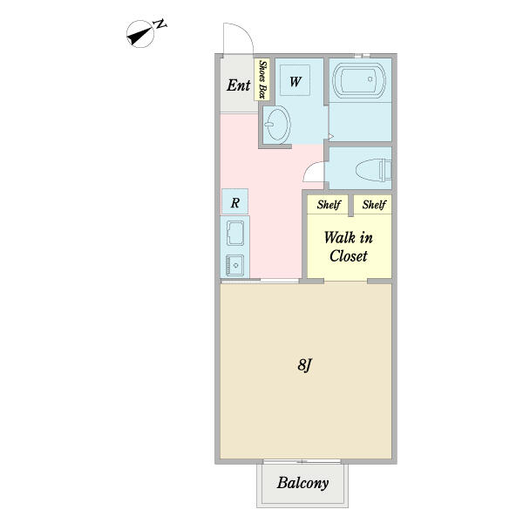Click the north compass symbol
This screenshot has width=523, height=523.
(140, 34)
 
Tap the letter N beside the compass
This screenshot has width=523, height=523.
(160, 24)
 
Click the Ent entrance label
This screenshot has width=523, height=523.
(239, 85)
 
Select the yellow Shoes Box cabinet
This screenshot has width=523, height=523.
(262, 79)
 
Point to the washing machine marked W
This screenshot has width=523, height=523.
(295, 80)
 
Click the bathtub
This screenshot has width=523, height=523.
(359, 80)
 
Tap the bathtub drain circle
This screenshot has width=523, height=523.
(370, 79)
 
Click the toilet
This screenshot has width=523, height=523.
(373, 170)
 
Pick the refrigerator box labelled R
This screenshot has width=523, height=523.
(234, 201)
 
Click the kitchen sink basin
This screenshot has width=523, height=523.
(235, 233)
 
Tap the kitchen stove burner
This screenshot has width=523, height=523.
(235, 266)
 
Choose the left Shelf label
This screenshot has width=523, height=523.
(329, 205)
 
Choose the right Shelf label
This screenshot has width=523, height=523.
(374, 205)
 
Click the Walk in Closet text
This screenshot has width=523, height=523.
(348, 247)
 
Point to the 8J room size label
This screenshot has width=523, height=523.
(304, 365)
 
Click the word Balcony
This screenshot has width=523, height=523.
(302, 483)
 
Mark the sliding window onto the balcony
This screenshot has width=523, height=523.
(302, 462)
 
